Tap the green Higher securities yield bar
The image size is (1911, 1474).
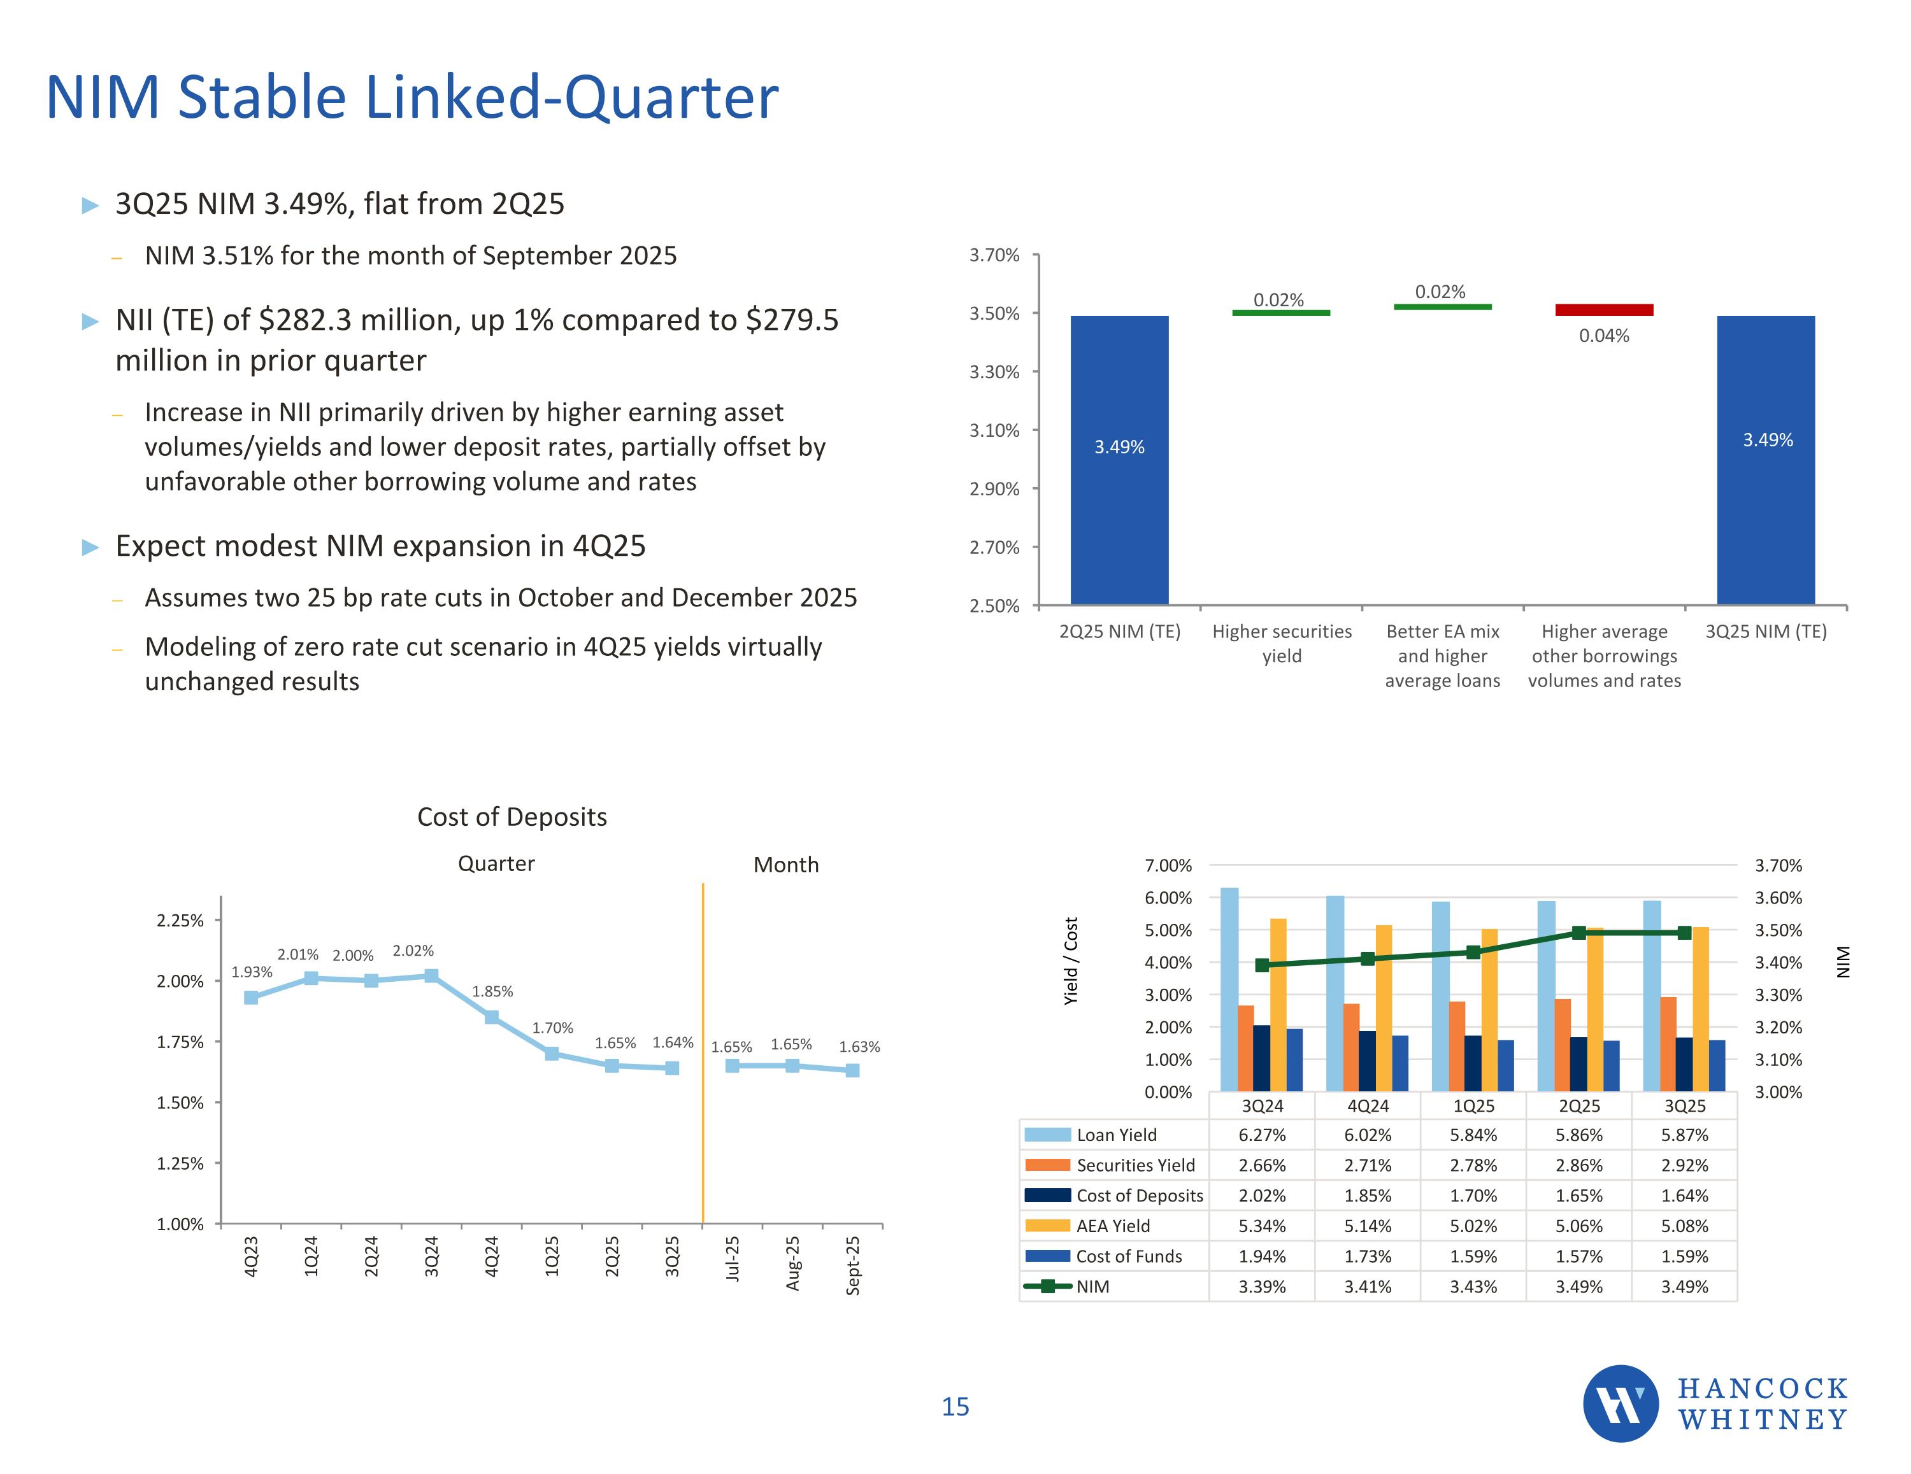[x=1281, y=312]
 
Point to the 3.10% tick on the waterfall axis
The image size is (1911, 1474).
[x=994, y=430]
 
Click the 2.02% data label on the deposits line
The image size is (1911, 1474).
[x=413, y=951]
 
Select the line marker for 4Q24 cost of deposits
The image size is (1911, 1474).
[x=492, y=1017]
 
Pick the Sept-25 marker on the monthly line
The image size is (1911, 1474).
[x=852, y=1070]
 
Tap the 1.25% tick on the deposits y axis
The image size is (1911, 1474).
[x=180, y=1163]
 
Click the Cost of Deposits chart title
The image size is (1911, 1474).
[x=512, y=817]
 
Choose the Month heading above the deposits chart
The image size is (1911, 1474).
[x=786, y=865]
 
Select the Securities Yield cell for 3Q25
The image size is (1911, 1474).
[x=1684, y=1165]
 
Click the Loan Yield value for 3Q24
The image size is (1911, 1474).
[x=1262, y=1135]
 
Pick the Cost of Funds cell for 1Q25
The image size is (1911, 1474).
[x=1473, y=1256]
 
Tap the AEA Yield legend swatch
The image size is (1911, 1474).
[x=1047, y=1226]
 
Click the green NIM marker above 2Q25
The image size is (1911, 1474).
[x=1578, y=933]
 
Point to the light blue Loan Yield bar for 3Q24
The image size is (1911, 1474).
[x=1229, y=988]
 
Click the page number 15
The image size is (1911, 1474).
[x=955, y=1407]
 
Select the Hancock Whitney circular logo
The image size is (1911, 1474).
[x=1621, y=1403]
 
